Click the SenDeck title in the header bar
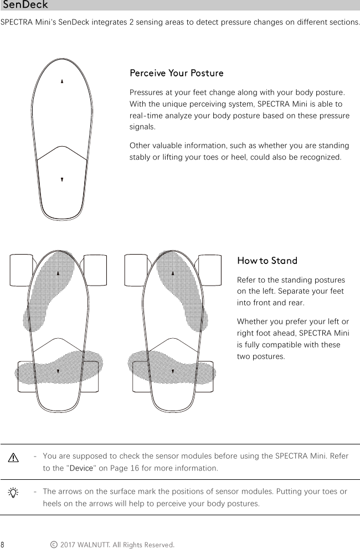[25, 6]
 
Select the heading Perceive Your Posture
[176, 74]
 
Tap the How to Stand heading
[267, 261]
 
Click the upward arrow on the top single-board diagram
[62, 81]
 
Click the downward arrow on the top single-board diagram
[62, 179]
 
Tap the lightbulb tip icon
[14, 492]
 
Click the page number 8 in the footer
[3, 545]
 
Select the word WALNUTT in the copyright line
[94, 545]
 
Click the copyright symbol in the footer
[53, 545]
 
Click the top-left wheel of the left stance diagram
[22, 270]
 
